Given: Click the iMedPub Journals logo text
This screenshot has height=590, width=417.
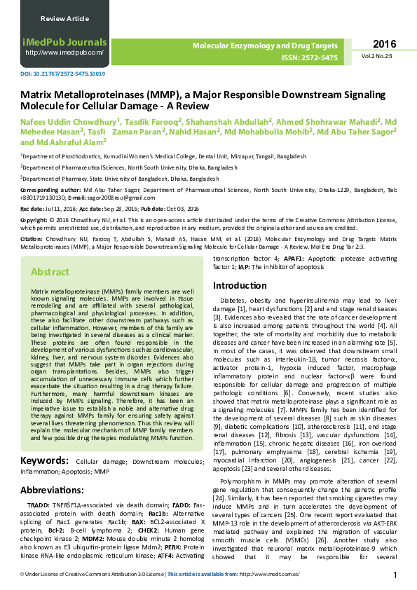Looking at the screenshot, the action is tap(64, 42).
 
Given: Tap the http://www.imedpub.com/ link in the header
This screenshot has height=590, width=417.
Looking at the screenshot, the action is tap(64, 53).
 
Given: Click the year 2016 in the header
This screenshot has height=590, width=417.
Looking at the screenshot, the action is tap(385, 43).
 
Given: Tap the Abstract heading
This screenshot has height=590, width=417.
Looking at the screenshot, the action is tap(50, 272).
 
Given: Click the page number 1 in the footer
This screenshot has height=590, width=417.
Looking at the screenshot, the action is tap(395, 575).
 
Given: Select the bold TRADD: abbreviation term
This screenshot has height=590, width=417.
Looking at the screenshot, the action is tap(38, 505).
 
